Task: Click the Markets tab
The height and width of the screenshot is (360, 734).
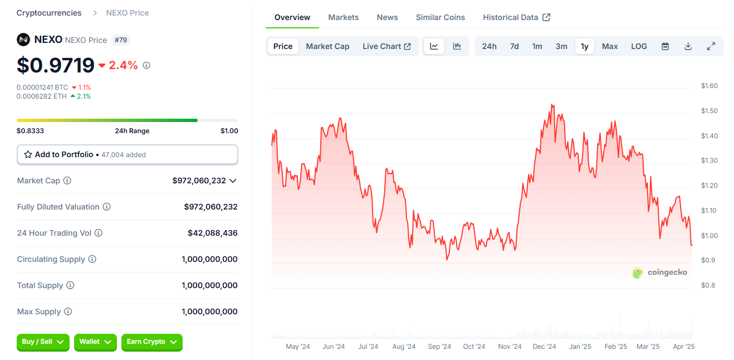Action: tap(343, 17)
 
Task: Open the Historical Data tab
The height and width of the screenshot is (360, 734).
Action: tap(516, 17)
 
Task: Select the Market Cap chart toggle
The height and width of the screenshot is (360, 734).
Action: tap(327, 46)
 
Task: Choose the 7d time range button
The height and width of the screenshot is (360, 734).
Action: tap(514, 46)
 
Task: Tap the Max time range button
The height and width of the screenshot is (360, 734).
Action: tap(610, 46)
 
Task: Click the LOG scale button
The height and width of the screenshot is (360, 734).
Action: tap(639, 46)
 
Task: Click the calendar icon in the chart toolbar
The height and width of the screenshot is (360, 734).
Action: tap(665, 46)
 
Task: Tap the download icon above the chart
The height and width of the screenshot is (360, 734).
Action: tap(688, 46)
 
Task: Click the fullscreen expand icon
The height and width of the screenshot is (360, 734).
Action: tap(711, 46)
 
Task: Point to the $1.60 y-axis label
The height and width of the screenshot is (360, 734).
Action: tap(709, 86)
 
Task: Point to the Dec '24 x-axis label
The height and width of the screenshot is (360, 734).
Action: tap(544, 347)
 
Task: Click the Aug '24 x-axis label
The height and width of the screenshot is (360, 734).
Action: tap(404, 347)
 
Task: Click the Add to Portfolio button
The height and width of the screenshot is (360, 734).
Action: tap(128, 154)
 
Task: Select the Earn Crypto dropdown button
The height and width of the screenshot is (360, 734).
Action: tap(151, 342)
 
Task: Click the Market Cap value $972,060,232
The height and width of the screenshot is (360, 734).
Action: tap(199, 181)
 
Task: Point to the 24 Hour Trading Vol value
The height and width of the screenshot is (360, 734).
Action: tap(212, 233)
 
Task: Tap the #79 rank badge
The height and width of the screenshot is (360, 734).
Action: tap(121, 40)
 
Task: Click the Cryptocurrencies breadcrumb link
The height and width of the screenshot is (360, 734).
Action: tap(49, 13)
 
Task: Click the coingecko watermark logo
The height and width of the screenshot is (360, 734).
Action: tap(659, 273)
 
